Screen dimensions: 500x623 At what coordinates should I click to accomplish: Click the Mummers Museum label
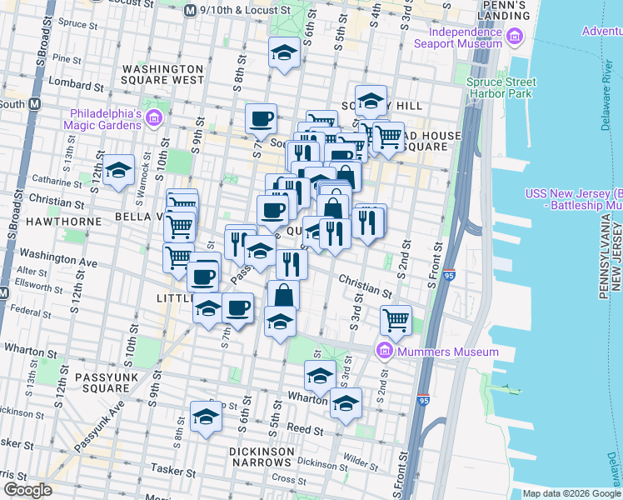(x=448, y=352)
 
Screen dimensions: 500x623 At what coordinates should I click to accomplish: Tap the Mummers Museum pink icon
(x=385, y=350)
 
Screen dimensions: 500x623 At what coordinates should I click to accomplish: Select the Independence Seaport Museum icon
(x=514, y=37)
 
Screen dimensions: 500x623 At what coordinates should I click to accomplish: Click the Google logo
(x=27, y=490)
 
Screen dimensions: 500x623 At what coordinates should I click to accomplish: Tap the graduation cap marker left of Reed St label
(x=206, y=417)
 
